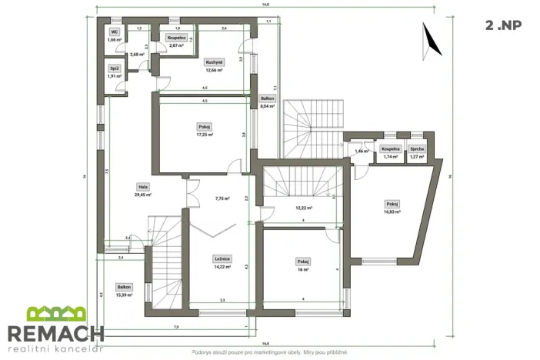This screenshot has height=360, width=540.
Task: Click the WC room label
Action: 115,32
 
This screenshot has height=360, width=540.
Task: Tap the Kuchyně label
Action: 214,62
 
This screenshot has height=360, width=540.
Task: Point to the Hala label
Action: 143,187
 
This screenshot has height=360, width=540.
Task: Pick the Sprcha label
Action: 417,149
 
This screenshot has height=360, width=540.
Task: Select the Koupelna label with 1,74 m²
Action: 390,149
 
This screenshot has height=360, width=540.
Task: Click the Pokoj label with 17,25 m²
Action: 205,127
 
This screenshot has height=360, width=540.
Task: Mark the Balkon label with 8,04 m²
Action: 267,99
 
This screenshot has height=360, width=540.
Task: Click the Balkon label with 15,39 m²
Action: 124,286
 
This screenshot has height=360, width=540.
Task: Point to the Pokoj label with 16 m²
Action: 302,262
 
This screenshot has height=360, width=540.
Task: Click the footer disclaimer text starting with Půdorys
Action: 269,352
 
